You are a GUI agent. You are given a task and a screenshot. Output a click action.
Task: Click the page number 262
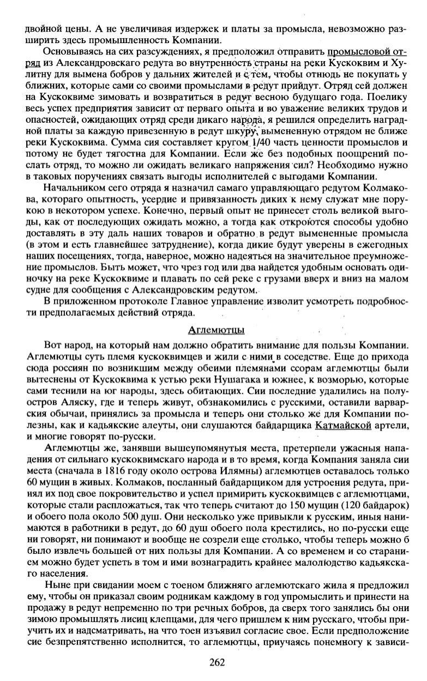pyautogui.click(x=216, y=662)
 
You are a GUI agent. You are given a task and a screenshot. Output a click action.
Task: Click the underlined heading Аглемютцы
pyautogui.click(x=216, y=330)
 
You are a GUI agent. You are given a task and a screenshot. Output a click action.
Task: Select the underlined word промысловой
pyautogui.click(x=359, y=52)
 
